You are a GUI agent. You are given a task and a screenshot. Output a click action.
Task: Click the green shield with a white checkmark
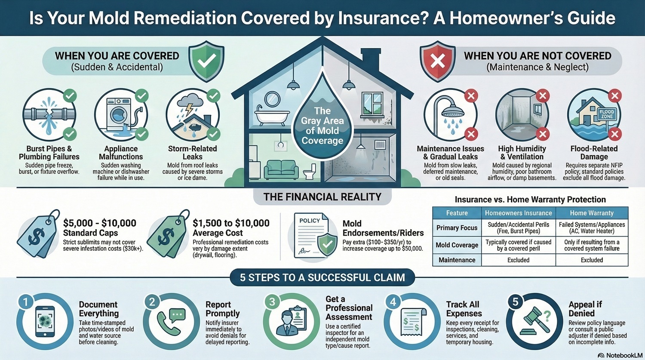click(x=206, y=62)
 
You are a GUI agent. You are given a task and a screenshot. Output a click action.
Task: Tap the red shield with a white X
click(x=438, y=62)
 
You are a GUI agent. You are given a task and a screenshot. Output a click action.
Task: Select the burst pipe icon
click(x=49, y=115)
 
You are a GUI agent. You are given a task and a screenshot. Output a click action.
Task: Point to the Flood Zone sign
click(x=606, y=114)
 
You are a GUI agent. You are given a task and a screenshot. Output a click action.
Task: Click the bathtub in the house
click(x=272, y=116)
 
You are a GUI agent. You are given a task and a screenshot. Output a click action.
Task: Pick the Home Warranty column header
click(x=592, y=213)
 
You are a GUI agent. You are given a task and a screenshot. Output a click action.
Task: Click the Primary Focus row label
click(x=457, y=228)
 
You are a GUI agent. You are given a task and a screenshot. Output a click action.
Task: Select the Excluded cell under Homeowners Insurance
click(x=518, y=260)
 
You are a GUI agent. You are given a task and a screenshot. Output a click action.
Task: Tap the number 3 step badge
click(x=272, y=302)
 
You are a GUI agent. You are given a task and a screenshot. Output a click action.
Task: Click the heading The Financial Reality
click(x=322, y=197)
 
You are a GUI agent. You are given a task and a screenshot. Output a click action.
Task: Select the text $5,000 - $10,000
click(x=99, y=223)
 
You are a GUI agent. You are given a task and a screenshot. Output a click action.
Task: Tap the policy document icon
click(x=313, y=236)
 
